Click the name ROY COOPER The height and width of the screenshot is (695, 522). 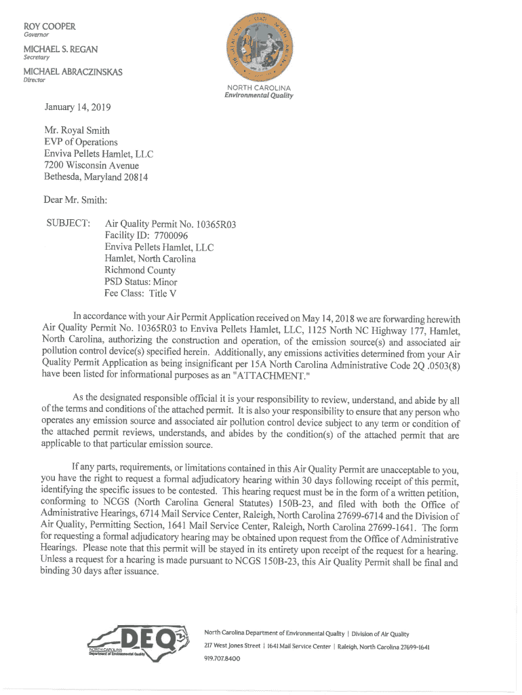[49, 26]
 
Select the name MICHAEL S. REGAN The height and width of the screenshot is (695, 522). [61, 50]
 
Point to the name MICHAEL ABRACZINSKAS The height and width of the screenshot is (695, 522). [73, 72]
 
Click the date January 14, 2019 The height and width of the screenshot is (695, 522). [78, 107]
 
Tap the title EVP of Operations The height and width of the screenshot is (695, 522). [81, 142]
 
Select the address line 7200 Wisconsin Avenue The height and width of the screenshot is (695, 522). [92, 165]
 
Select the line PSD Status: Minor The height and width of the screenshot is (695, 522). [140, 282]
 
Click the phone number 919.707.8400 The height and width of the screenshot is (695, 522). [222, 658]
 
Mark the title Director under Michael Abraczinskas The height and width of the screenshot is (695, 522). [34, 80]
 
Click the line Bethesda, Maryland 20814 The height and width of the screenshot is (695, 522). [96, 176]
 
